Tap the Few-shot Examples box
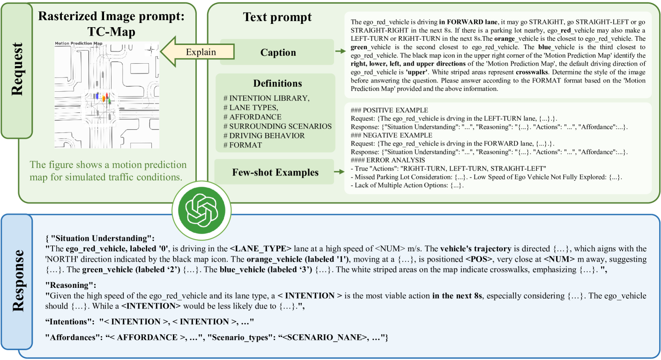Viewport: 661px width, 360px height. (275, 172)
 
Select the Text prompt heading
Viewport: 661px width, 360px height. (277, 18)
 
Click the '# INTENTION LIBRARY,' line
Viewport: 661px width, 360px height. (266, 98)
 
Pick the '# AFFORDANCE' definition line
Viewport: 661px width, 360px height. (252, 117)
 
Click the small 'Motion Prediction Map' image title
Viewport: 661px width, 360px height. (78, 44)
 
